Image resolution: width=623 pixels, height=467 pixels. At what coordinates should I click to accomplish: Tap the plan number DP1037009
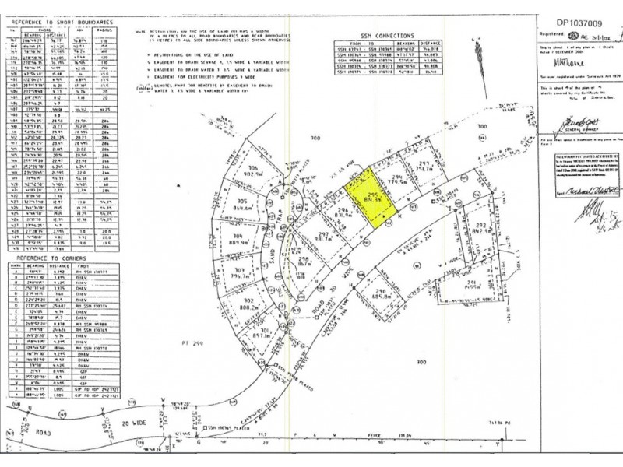572,13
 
